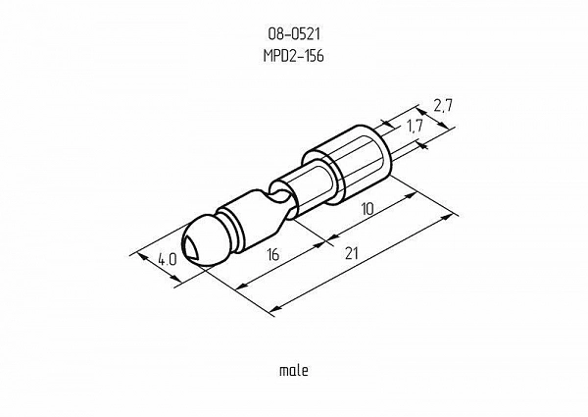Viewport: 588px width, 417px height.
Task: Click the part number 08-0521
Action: coord(293,34)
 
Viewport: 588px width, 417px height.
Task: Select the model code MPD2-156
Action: coord(293,56)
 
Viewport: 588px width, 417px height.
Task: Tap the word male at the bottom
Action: coord(294,371)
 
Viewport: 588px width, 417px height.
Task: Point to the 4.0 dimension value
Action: coord(167,259)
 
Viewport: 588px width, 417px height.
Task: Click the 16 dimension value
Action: coord(274,255)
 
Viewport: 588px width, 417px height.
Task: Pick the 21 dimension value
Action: coord(351,254)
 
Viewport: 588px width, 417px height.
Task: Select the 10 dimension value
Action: coord(367,209)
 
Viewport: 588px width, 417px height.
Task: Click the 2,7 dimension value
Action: coord(443,107)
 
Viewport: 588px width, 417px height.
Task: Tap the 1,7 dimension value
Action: coord(415,127)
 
